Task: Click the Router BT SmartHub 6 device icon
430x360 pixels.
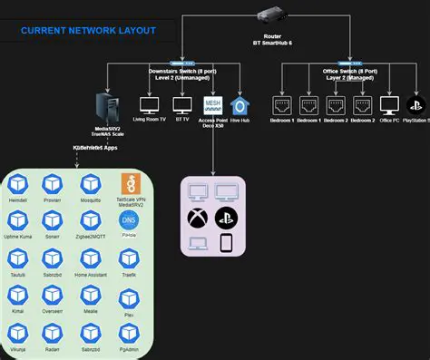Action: click(274, 15)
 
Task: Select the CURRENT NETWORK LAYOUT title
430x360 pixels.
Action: click(88, 31)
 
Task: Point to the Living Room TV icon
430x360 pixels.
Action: click(151, 105)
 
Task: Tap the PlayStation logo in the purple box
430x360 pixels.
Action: click(227, 218)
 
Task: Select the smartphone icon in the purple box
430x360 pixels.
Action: click(227, 244)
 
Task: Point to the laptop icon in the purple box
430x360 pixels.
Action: click(198, 244)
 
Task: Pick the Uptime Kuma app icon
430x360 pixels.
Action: click(19, 220)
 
